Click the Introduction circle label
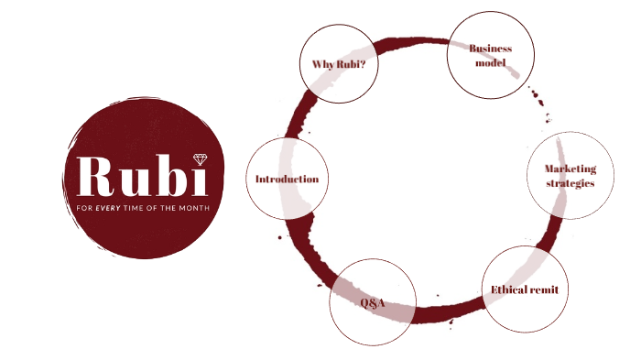pos(287,179)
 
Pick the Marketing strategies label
pos(570,176)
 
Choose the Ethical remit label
pos(525,289)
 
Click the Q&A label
pos(372,302)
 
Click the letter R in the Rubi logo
pos(97,177)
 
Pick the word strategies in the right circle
pos(570,183)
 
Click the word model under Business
pos(490,62)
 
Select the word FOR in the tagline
pos(83,208)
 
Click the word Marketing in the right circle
pos(570,169)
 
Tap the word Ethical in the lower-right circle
pos(509,289)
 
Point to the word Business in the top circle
pos(490,48)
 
